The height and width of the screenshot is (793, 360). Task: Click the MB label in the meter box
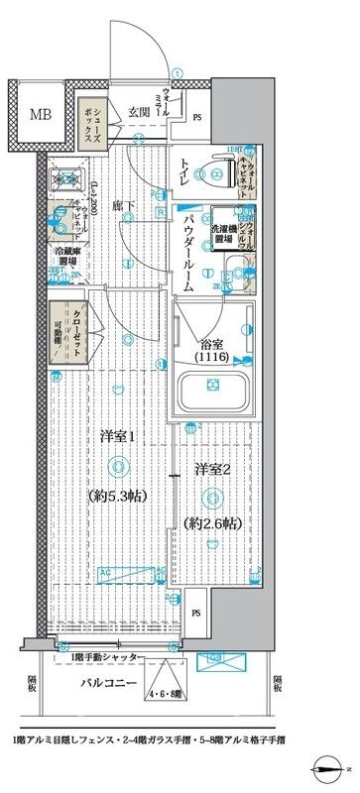click(39, 114)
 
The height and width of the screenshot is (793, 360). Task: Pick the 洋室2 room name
click(211, 467)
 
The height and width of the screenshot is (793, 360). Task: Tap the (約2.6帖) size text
click(211, 521)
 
